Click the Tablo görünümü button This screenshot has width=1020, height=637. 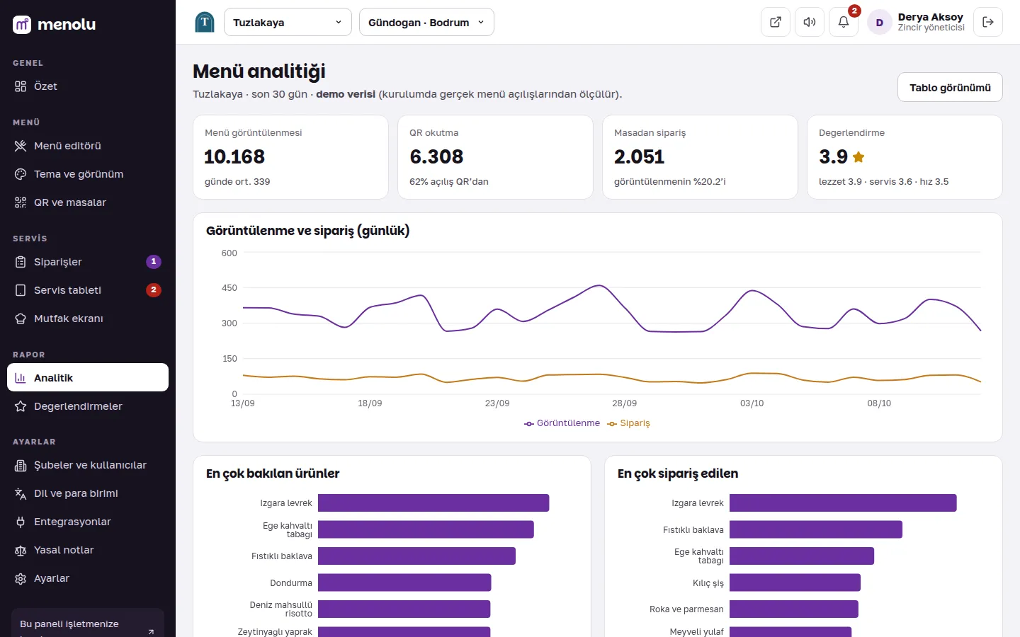click(950, 87)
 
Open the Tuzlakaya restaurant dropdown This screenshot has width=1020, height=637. click(288, 22)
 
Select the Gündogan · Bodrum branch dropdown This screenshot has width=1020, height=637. click(426, 22)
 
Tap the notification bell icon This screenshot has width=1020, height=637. click(844, 22)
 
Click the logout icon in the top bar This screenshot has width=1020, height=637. click(987, 22)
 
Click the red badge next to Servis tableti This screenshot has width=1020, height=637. click(154, 290)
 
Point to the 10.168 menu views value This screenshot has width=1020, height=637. click(234, 156)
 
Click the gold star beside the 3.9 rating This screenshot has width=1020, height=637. click(858, 157)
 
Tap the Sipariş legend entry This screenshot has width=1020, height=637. click(628, 423)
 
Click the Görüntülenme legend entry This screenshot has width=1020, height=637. click(562, 423)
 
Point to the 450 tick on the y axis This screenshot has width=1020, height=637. click(229, 288)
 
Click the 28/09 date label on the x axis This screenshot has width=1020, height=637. click(624, 403)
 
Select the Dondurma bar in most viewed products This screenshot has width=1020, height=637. click(404, 583)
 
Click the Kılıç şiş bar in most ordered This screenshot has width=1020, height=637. click(795, 583)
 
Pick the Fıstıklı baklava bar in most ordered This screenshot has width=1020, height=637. click(815, 529)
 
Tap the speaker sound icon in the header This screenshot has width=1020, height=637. click(809, 22)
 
